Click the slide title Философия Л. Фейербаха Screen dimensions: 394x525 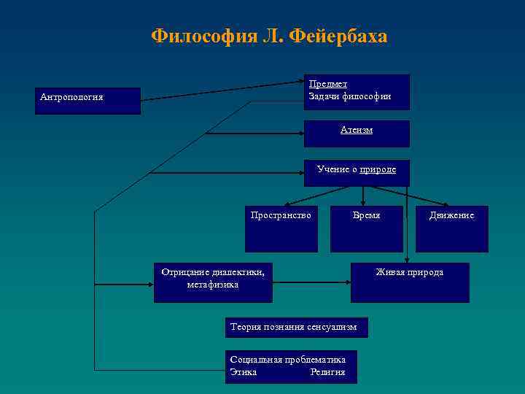269,36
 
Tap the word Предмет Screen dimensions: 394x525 327,84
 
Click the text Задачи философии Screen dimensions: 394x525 350,96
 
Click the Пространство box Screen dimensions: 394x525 281,228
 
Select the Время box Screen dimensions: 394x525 366,228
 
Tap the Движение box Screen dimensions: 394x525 451,228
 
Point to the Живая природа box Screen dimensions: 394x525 409,282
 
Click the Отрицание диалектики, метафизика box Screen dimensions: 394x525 213,282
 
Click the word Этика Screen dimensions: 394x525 243,372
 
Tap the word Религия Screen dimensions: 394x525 327,372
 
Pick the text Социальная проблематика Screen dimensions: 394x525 287,360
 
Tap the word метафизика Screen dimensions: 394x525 212,285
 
